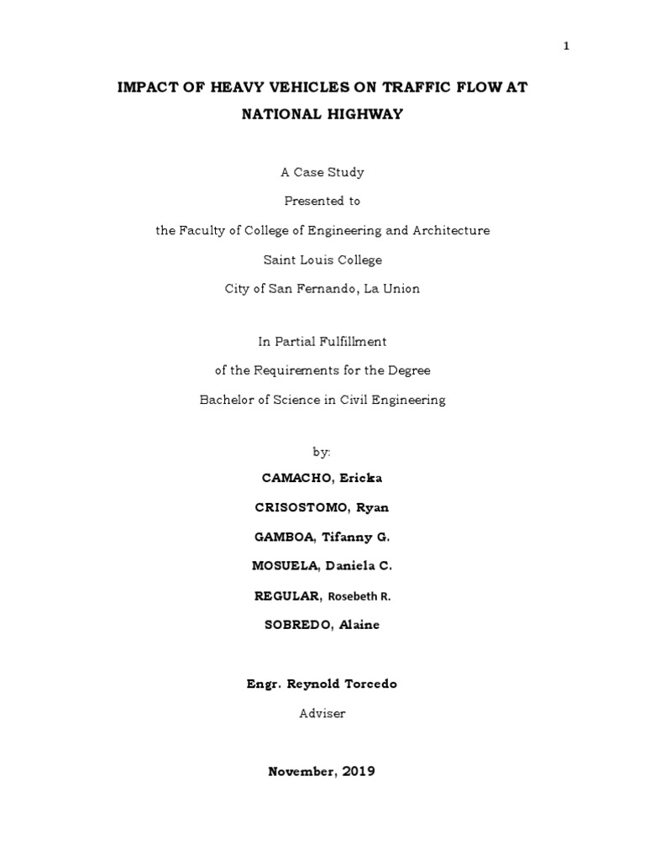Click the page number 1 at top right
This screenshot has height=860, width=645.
click(x=566, y=46)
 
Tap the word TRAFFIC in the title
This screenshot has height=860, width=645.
click(x=416, y=87)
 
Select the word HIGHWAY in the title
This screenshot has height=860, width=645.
click(x=363, y=114)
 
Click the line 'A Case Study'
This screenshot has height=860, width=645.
click(x=322, y=172)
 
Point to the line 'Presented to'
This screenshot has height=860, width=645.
click(x=322, y=201)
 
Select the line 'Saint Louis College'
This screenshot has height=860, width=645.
click(x=322, y=260)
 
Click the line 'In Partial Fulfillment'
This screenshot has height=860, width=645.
click(x=322, y=341)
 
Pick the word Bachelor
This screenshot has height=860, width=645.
click(x=228, y=400)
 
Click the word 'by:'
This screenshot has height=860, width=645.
click(x=322, y=452)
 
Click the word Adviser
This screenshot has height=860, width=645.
click(x=322, y=713)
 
